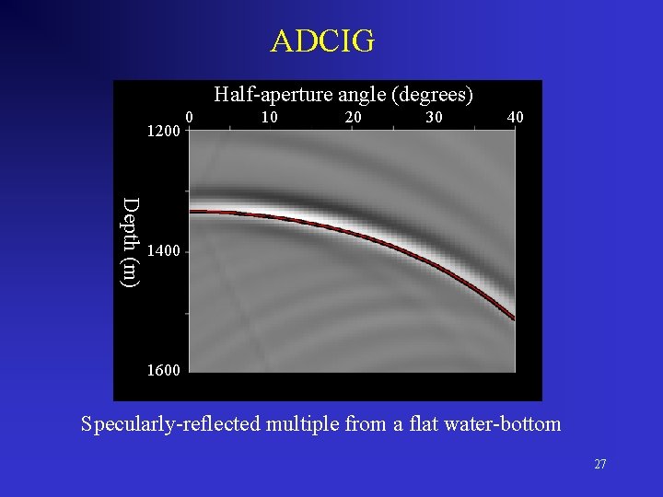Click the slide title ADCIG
point(323,41)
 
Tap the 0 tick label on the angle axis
point(188,117)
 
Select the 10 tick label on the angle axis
point(269,118)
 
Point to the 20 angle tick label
point(353,118)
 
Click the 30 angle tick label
point(435,118)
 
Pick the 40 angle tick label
point(517,118)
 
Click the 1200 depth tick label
point(163,132)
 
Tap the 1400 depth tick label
point(163,251)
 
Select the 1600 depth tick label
point(163,371)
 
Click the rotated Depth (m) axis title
point(132,241)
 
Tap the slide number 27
point(599,465)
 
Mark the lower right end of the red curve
point(513,318)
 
